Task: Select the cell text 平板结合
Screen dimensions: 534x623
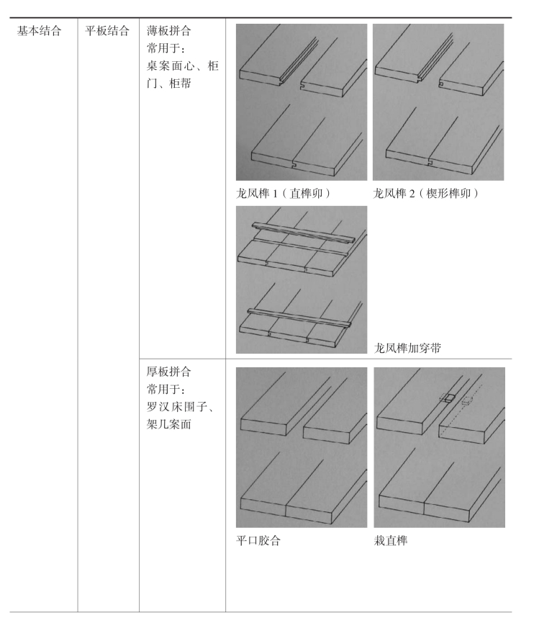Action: coord(107,31)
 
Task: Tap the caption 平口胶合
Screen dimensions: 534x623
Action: coord(258,541)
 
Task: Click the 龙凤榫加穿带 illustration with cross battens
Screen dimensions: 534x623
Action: coord(301,279)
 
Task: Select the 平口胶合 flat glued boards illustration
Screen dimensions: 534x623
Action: coord(301,447)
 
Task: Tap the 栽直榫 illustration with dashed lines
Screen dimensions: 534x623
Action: coord(438,447)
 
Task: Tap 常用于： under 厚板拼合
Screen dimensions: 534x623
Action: coord(163,389)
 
